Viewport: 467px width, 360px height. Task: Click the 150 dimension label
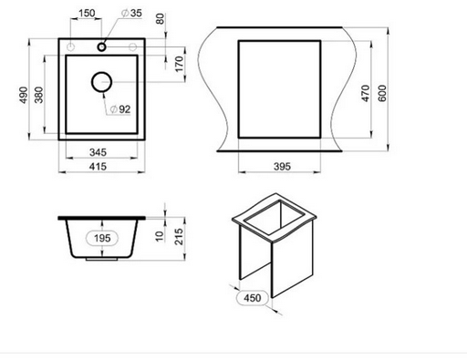point(87,13)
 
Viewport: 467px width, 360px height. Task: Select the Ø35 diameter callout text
point(131,13)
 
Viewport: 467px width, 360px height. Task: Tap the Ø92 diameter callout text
point(120,109)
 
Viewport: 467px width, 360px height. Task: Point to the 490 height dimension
point(24,95)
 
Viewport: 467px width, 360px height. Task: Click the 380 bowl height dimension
point(39,95)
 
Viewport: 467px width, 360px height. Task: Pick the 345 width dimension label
point(99,152)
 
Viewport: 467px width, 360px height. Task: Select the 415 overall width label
point(98,167)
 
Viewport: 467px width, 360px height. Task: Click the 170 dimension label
point(180,64)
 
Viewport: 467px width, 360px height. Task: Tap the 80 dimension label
point(160,19)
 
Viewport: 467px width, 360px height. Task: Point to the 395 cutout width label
point(282,167)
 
